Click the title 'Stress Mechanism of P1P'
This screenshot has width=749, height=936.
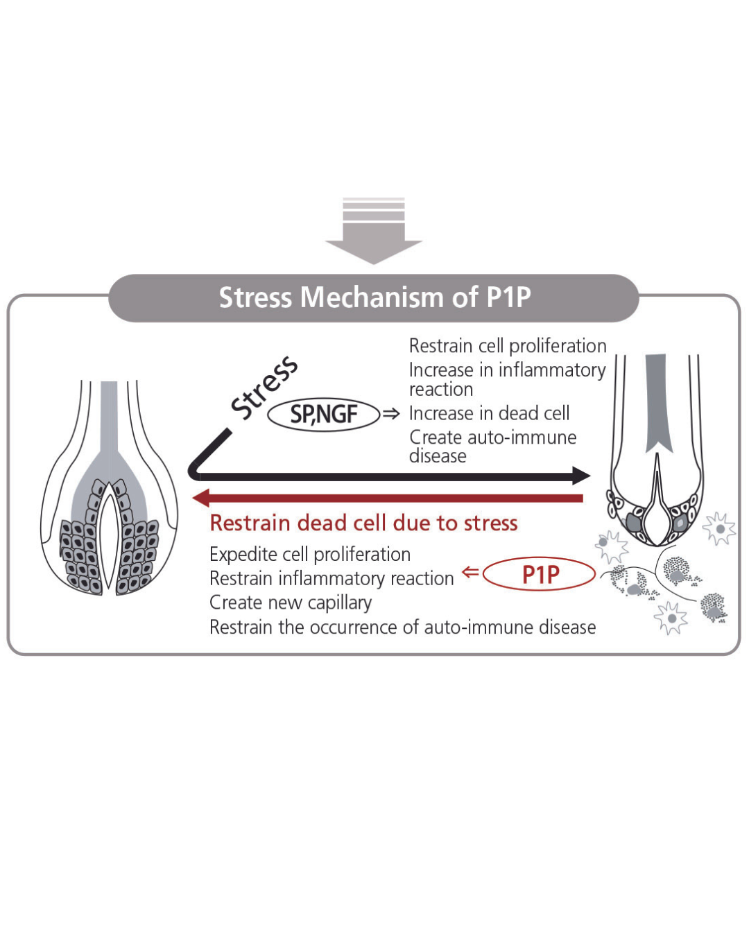(x=374, y=297)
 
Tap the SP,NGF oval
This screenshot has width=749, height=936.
(x=324, y=415)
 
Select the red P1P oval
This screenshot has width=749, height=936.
(x=540, y=574)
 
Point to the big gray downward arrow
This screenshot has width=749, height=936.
(x=374, y=232)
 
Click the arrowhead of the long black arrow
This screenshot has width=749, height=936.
(x=580, y=476)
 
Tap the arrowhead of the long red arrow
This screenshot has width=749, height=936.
(x=202, y=498)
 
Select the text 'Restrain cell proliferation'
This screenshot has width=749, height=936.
(x=508, y=345)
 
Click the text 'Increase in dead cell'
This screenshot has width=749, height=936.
(x=489, y=413)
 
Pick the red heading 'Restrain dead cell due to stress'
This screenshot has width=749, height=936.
(x=363, y=523)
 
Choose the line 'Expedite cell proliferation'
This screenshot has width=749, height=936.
(x=310, y=554)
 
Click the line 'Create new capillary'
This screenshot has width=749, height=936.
(x=291, y=603)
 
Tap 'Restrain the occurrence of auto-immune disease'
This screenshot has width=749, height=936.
(x=402, y=627)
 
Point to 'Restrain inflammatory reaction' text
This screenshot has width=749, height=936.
(x=332, y=578)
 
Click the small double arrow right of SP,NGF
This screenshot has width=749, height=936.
(x=392, y=414)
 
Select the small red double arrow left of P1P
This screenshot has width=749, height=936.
(x=470, y=573)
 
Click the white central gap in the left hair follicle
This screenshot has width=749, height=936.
(x=109, y=534)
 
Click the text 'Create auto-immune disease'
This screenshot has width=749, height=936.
(x=492, y=446)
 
